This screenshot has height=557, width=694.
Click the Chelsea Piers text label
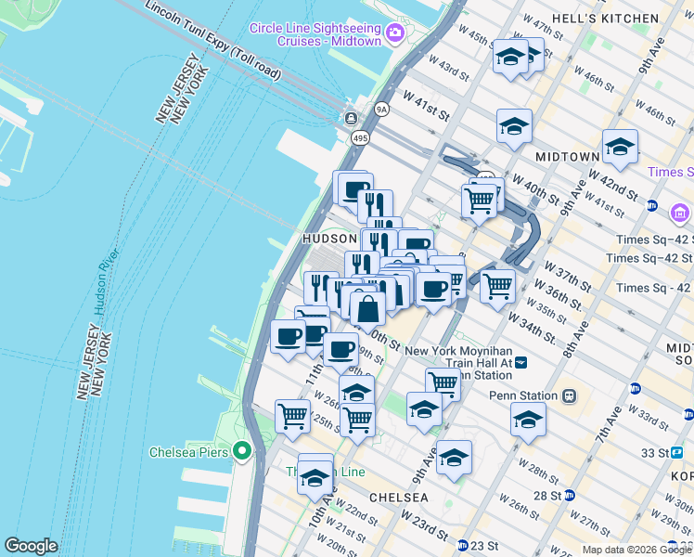(189, 452)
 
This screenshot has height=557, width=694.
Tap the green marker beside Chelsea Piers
(243, 452)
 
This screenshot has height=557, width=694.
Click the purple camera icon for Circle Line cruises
(396, 34)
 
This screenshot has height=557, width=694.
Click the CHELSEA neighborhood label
(399, 498)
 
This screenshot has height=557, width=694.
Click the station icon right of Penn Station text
(569, 395)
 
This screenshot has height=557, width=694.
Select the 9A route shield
(380, 109)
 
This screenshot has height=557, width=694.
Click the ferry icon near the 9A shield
(352, 118)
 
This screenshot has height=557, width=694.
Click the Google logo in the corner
(31, 546)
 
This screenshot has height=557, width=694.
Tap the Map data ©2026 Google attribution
(636, 550)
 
